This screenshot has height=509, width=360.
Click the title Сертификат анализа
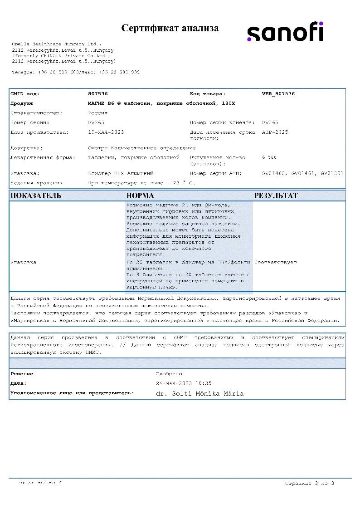click(170, 28)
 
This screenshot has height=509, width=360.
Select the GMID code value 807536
click(98, 94)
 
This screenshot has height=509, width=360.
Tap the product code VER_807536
click(278, 94)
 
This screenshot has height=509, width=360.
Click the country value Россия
click(98, 113)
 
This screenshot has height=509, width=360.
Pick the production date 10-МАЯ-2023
click(106, 132)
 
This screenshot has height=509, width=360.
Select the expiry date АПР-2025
click(275, 132)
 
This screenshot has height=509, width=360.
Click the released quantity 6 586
click(269, 157)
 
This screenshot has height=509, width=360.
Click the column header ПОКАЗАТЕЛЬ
click(36, 196)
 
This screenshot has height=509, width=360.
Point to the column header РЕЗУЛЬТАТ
click(276, 196)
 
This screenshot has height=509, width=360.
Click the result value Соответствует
click(276, 262)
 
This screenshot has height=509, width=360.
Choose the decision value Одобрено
click(169, 374)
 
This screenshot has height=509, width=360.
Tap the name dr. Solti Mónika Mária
click(199, 393)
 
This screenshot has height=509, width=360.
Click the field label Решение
click(22, 374)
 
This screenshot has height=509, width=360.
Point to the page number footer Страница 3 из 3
click(310, 483)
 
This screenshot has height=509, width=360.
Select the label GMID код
click(25, 94)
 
